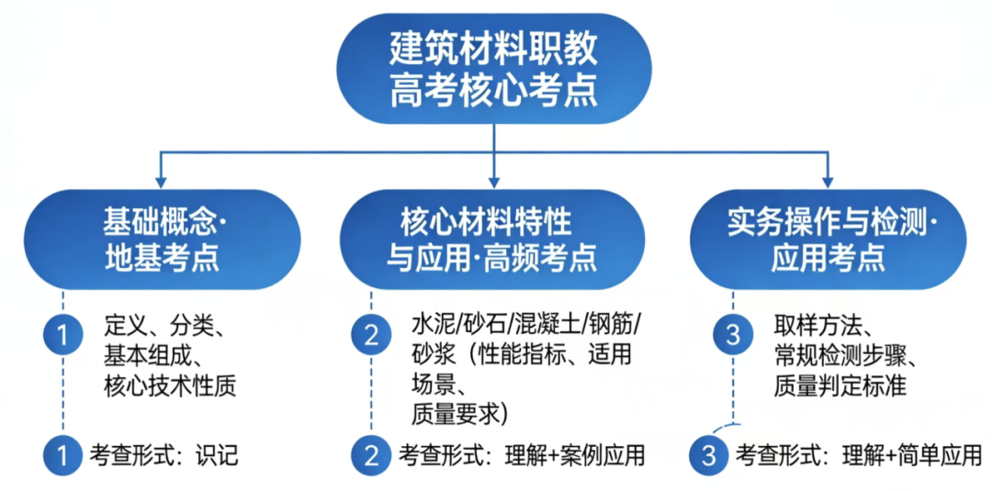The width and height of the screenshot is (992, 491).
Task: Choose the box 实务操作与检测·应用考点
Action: click(828, 239)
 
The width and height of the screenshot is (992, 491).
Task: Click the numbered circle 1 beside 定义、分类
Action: click(63, 336)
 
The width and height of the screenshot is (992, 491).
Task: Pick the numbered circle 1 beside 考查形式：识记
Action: click(63, 453)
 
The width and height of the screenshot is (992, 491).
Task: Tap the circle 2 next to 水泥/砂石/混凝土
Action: click(371, 336)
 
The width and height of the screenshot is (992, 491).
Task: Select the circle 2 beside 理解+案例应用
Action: click(371, 453)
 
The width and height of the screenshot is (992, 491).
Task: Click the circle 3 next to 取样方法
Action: click(732, 336)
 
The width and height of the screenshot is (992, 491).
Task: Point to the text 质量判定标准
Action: click(840, 386)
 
